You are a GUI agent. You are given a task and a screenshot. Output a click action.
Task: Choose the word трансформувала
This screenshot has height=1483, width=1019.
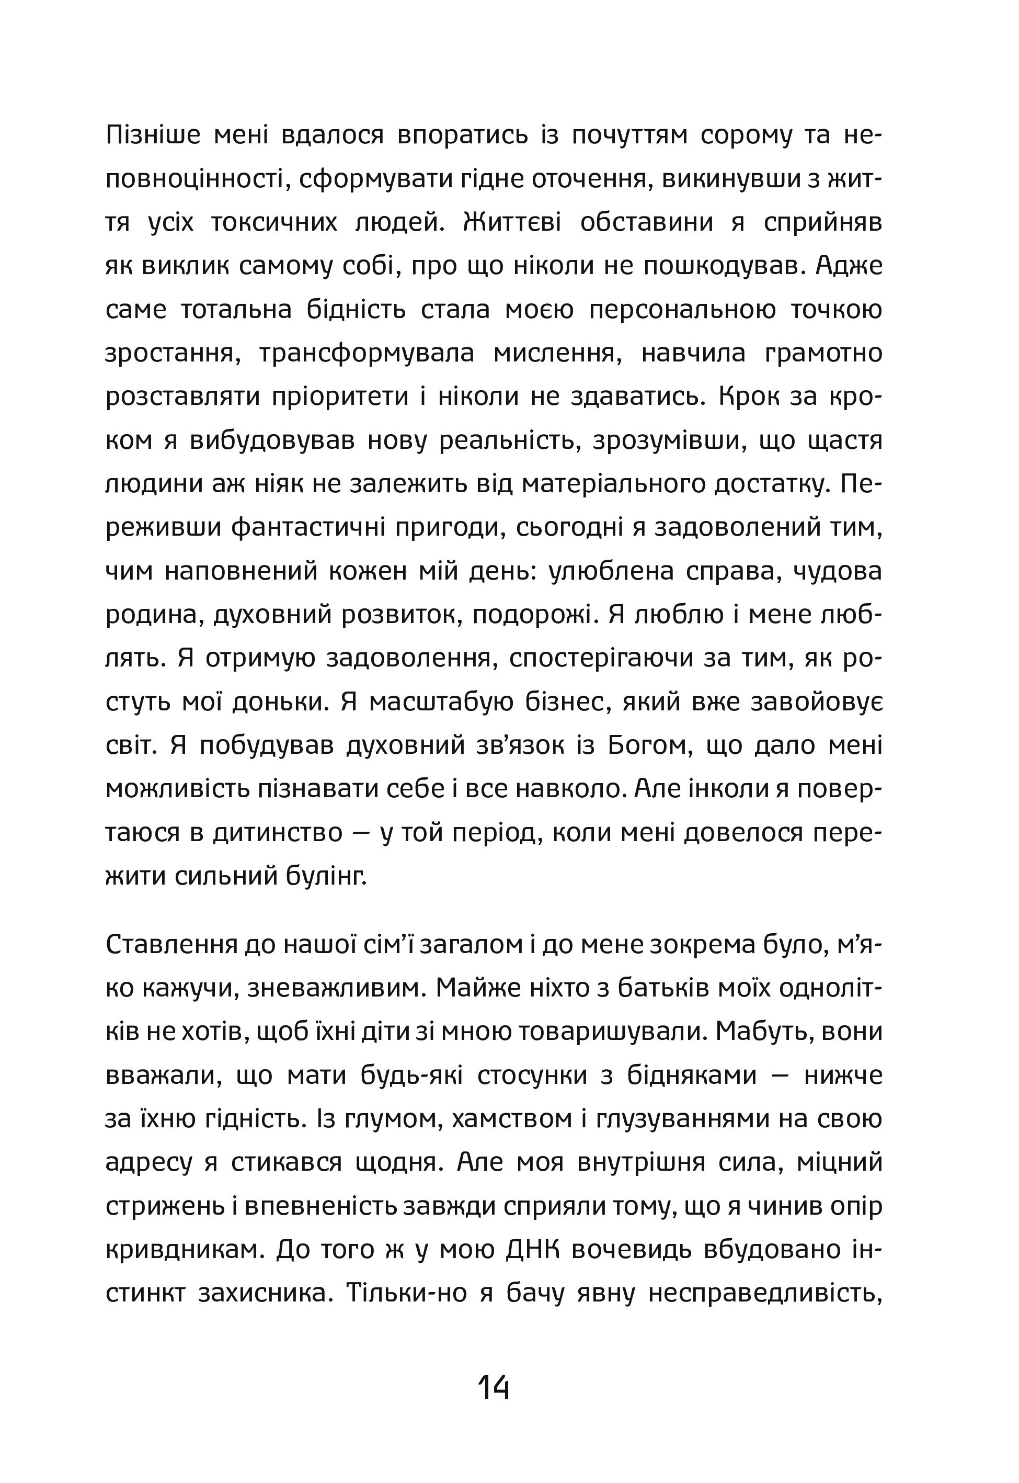coord(367,353)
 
